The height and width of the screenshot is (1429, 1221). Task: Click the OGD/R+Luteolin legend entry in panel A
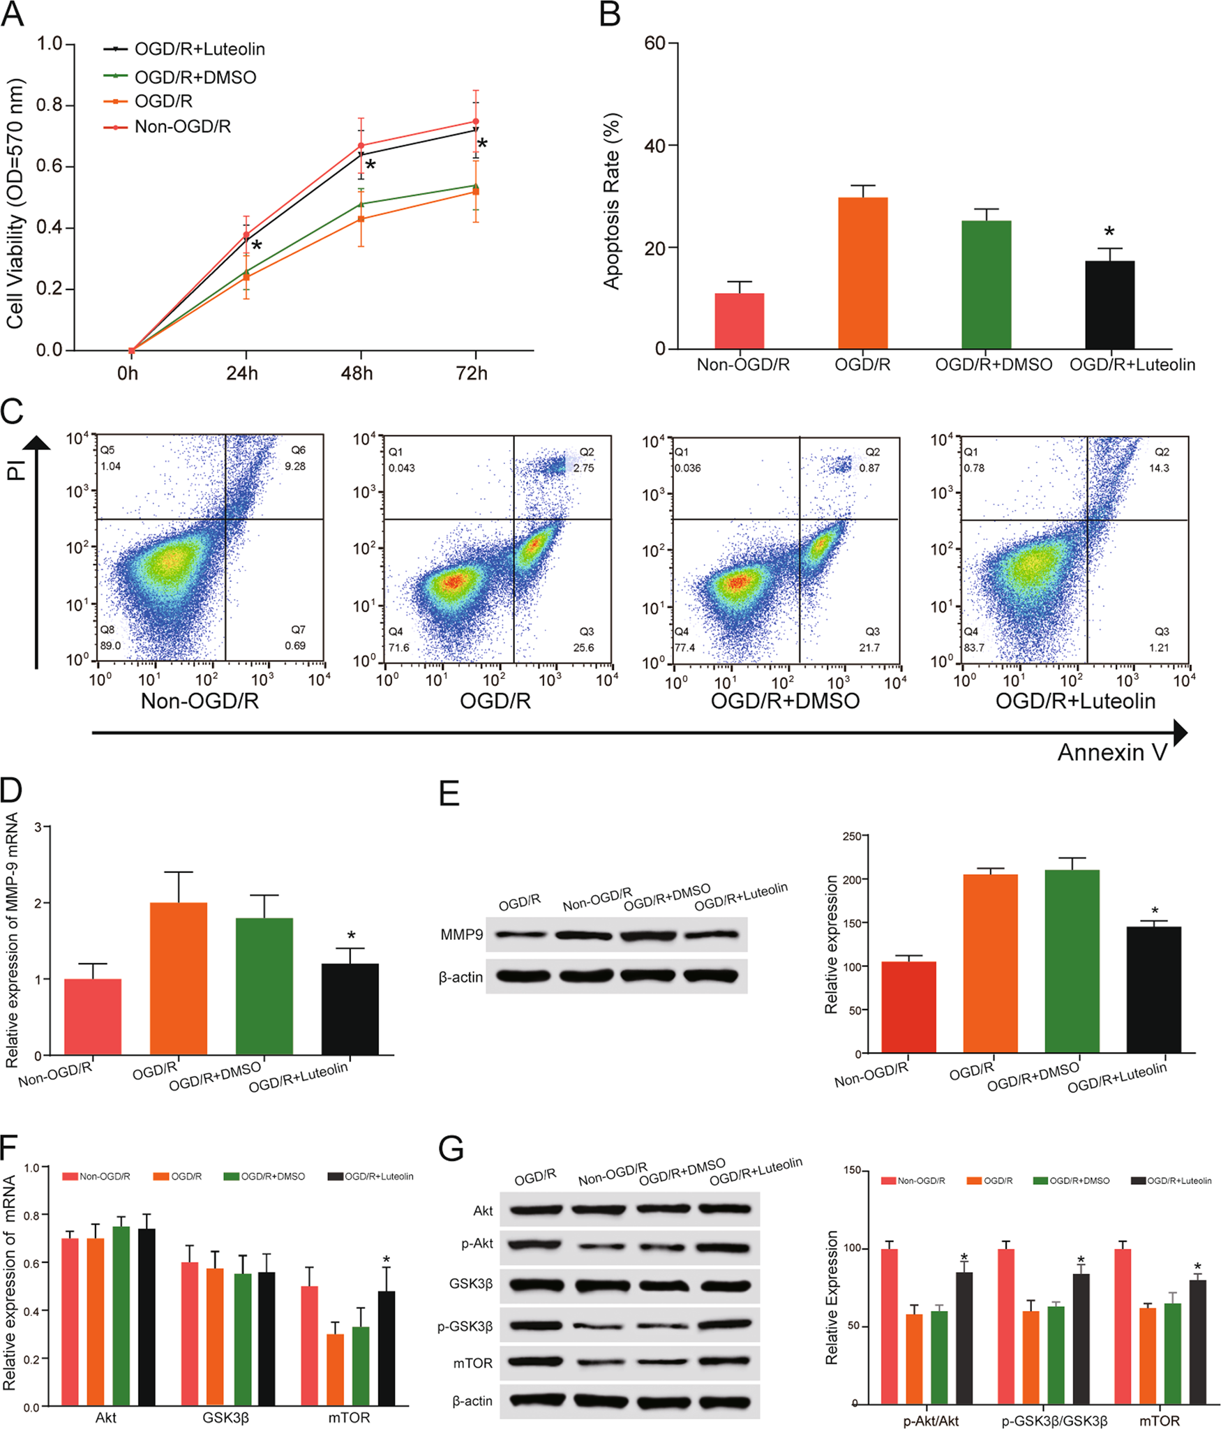(x=200, y=49)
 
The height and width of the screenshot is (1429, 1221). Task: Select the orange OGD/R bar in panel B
(x=862, y=273)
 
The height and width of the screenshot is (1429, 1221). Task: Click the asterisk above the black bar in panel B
(x=1109, y=232)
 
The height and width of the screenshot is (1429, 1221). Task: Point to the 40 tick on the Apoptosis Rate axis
(x=654, y=146)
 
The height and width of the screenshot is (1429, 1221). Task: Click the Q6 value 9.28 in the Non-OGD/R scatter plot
(x=294, y=466)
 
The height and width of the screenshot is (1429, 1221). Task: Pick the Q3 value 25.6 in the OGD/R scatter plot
(x=583, y=648)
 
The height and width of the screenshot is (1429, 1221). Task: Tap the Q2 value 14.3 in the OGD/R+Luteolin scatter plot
(x=1159, y=468)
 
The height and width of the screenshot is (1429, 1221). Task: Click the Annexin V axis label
(x=1111, y=752)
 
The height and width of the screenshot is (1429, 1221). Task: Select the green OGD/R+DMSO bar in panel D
(x=264, y=985)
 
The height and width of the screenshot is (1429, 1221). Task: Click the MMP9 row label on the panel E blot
(x=461, y=934)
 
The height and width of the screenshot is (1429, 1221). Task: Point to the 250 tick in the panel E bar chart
(x=851, y=836)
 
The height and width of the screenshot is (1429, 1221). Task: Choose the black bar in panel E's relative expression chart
(x=1153, y=989)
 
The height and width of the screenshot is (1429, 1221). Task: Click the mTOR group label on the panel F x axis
(x=349, y=1418)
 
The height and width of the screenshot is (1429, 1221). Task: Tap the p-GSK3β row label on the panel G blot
(x=465, y=1326)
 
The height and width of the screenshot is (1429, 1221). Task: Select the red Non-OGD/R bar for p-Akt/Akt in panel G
(x=889, y=1326)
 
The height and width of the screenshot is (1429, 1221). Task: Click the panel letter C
(x=12, y=412)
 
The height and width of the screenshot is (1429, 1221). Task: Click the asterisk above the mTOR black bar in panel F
(x=386, y=1260)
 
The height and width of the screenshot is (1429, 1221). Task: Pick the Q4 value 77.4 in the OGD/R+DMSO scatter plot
(x=684, y=648)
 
